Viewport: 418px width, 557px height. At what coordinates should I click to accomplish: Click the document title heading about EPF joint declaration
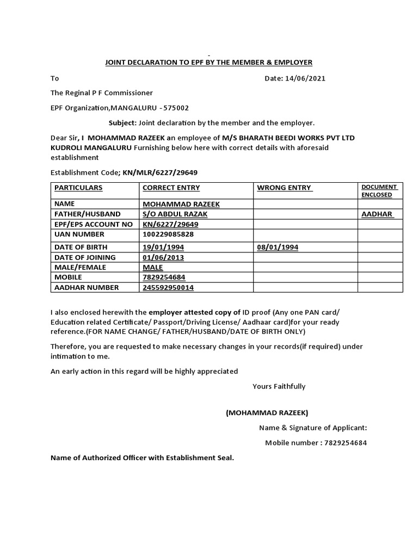pos(208,63)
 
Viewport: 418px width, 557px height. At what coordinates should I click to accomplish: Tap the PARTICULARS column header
pos(78,188)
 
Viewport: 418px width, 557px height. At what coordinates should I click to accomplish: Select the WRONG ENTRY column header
pos(284,188)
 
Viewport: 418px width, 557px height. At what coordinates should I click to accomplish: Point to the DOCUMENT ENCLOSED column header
pos(379,190)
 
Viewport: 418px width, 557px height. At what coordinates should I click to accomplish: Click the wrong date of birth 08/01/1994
pos(278,247)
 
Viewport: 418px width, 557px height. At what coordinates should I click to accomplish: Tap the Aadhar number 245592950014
pos(168,287)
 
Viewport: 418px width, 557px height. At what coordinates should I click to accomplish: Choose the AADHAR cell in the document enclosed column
pos(377,214)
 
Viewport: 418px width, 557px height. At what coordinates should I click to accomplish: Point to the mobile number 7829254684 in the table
pos(164,277)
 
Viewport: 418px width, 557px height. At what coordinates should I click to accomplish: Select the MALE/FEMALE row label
pos(80,268)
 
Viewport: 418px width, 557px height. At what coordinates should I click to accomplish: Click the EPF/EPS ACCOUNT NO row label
pos(93,224)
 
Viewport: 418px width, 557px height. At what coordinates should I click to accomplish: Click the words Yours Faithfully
pos(279,386)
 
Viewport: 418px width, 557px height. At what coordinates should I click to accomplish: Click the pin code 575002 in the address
pos(175,108)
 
